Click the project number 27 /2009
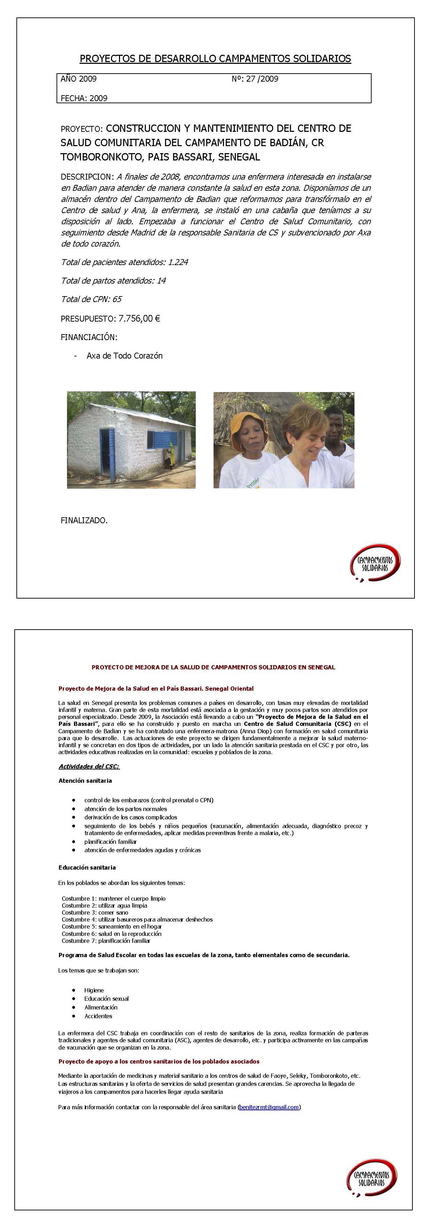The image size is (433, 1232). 262,79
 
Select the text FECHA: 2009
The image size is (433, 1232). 84,98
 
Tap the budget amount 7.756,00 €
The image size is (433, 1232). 139,318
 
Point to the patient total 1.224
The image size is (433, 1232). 178,262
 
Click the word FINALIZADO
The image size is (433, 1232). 84,520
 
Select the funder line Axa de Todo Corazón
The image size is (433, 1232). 125,356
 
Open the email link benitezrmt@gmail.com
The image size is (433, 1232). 269,1107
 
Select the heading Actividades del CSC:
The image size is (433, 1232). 89,766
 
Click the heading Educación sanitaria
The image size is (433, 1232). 87,867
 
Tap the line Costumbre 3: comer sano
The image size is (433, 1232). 95,912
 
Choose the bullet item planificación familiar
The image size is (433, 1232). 111,841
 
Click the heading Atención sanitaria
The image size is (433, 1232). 85,781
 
